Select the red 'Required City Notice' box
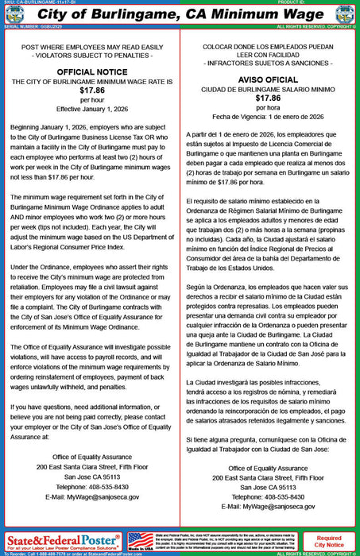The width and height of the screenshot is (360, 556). pos(330,541)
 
